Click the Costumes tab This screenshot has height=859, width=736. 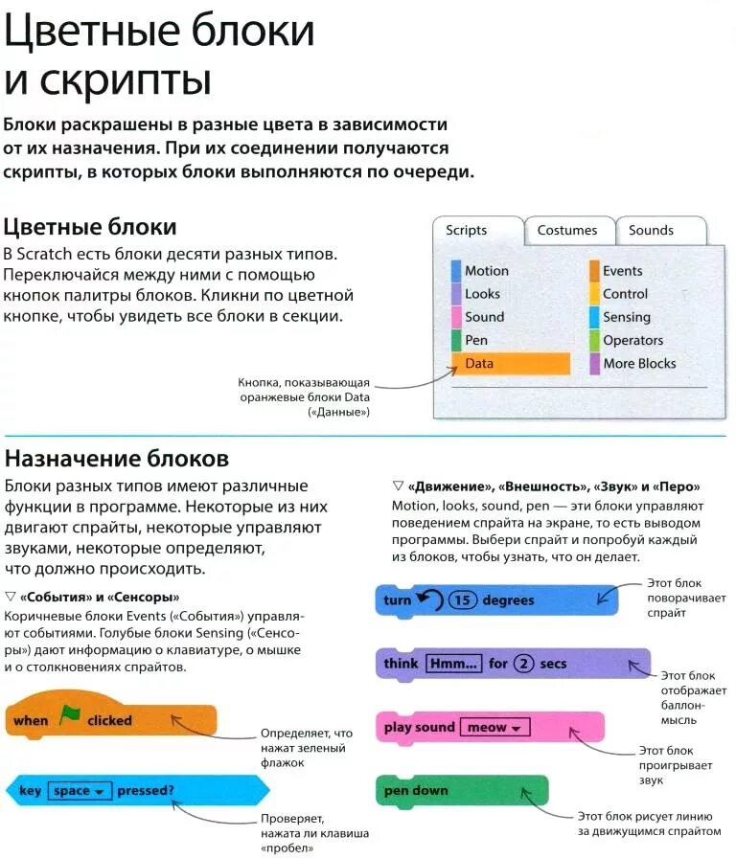(x=566, y=231)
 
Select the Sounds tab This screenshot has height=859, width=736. (x=651, y=231)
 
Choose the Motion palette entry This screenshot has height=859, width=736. (x=486, y=271)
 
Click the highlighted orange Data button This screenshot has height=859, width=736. (x=510, y=364)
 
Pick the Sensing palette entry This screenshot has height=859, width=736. (x=626, y=317)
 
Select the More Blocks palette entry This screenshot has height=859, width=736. (x=638, y=363)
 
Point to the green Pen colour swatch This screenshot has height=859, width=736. (x=456, y=341)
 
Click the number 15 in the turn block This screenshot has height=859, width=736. (x=463, y=600)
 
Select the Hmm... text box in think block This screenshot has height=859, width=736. (x=453, y=664)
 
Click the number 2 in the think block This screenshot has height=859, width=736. (x=523, y=664)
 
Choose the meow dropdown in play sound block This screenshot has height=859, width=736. (x=494, y=728)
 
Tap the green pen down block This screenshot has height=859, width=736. (x=461, y=791)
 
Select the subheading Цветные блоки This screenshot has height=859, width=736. (x=90, y=227)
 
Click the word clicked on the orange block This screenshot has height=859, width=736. (x=109, y=720)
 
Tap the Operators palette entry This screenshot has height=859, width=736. (x=632, y=340)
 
